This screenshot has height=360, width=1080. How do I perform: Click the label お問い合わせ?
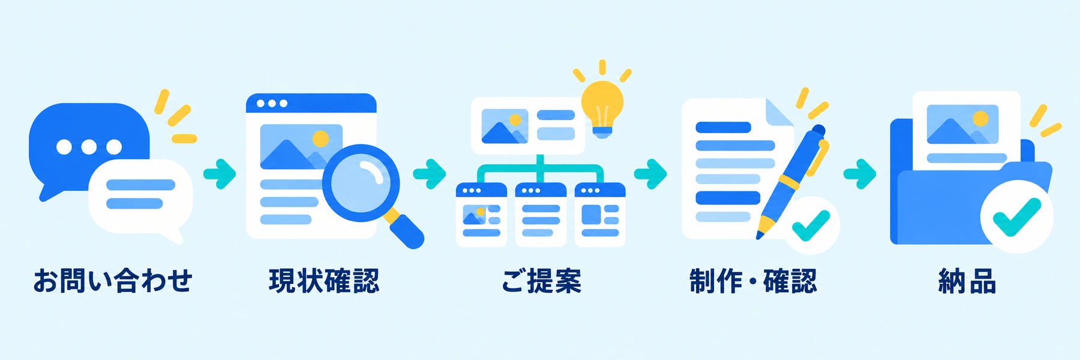click(113, 281)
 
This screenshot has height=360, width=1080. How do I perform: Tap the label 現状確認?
click(324, 281)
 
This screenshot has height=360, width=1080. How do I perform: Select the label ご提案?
click(541, 281)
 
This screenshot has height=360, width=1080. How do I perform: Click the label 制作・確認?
click(753, 281)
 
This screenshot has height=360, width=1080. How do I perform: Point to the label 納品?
click(967, 281)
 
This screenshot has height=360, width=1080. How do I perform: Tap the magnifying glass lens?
click(361, 183)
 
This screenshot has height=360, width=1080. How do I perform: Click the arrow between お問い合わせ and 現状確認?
click(220, 174)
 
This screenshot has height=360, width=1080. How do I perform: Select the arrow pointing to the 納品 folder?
click(860, 174)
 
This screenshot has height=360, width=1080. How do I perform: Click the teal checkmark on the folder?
click(1016, 217)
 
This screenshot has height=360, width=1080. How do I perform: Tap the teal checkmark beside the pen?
click(811, 225)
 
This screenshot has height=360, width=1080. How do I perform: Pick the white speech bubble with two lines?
click(141, 198)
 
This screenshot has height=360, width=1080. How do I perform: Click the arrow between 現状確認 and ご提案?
click(430, 174)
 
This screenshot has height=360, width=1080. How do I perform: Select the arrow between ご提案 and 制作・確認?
click(650, 174)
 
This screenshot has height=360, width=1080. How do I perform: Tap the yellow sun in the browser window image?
click(321, 139)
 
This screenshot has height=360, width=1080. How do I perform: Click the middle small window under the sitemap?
click(541, 215)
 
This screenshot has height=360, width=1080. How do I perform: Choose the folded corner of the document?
click(778, 113)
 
